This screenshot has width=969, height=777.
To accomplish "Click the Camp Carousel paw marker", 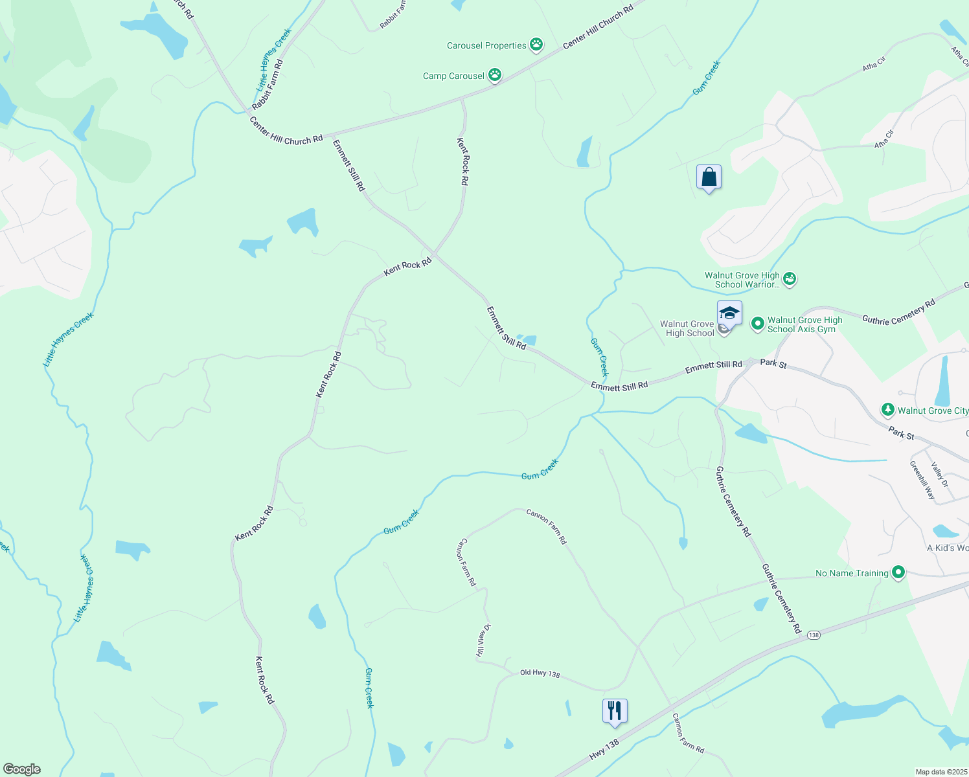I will [x=495, y=75].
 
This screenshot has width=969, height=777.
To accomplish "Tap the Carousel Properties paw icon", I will [x=536, y=45].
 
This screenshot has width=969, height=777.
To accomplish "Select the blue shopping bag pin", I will [x=709, y=177].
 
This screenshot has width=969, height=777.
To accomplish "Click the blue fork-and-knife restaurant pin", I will [x=614, y=711].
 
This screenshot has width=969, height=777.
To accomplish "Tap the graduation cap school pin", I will [x=729, y=313].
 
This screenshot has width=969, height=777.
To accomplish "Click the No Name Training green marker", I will [x=898, y=572].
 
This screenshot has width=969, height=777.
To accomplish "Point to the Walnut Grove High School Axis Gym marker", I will [x=757, y=324].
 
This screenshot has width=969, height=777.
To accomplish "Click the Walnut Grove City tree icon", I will [x=887, y=410].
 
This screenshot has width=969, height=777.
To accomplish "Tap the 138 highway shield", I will [x=814, y=635].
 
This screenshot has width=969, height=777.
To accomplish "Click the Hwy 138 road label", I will [x=604, y=750].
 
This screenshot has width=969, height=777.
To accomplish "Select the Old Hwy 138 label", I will [x=540, y=673].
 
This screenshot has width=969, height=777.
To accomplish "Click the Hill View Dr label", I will [x=484, y=640].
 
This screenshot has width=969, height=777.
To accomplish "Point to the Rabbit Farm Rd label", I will [x=268, y=84].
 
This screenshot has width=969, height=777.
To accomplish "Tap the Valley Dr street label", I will [x=939, y=475].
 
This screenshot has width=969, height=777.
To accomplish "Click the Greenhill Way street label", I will [x=922, y=480].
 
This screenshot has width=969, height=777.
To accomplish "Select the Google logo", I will [x=22, y=769].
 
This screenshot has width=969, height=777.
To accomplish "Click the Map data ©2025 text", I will [x=940, y=772].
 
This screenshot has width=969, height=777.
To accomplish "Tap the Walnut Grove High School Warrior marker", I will [x=789, y=279].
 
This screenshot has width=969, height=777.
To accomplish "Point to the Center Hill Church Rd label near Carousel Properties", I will [x=598, y=28].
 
